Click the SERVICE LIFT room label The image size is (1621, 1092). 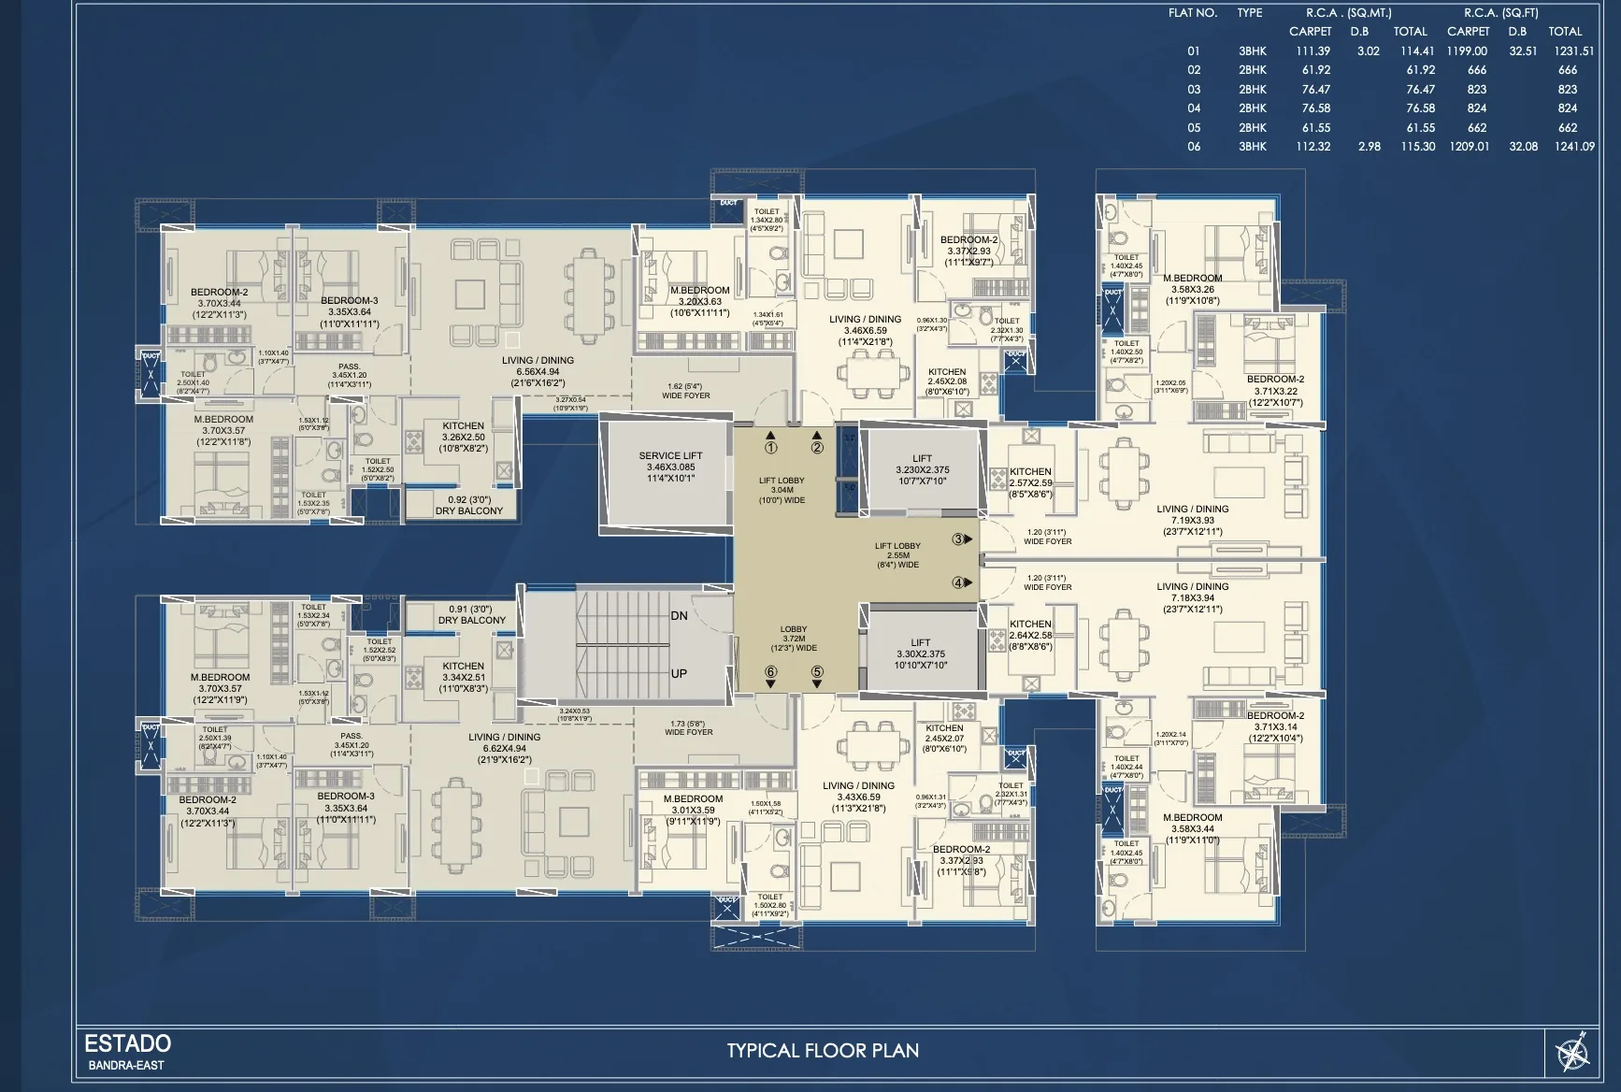pyautogui.click(x=670, y=467)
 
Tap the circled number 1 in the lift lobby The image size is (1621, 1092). pyautogui.click(x=770, y=448)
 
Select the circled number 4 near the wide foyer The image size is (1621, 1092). pyautogui.click(x=958, y=582)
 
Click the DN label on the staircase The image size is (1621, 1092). pyautogui.click(x=679, y=616)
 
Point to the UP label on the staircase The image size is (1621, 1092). pyautogui.click(x=679, y=673)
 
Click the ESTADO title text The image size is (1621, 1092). pyautogui.click(x=128, y=1043)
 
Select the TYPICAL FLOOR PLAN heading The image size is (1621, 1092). pyautogui.click(x=823, y=1050)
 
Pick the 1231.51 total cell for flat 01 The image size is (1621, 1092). pyautogui.click(x=1573, y=51)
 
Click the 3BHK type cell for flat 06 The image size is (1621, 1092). pyautogui.click(x=1252, y=147)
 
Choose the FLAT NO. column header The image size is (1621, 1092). pyautogui.click(x=1192, y=13)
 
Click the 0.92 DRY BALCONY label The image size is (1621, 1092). pyautogui.click(x=468, y=505)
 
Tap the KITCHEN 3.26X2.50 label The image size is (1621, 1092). pyautogui.click(x=464, y=437)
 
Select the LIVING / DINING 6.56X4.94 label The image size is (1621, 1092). pyautogui.click(x=538, y=371)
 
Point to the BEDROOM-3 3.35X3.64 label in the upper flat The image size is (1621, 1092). pyautogui.click(x=350, y=312)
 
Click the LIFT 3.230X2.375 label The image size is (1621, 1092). pyautogui.click(x=922, y=469)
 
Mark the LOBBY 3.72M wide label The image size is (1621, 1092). pyautogui.click(x=794, y=639)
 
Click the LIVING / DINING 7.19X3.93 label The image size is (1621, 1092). pyautogui.click(x=1192, y=520)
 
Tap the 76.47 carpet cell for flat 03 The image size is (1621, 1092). pyautogui.click(x=1315, y=90)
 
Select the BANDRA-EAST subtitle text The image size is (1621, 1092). pyautogui.click(x=126, y=1065)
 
